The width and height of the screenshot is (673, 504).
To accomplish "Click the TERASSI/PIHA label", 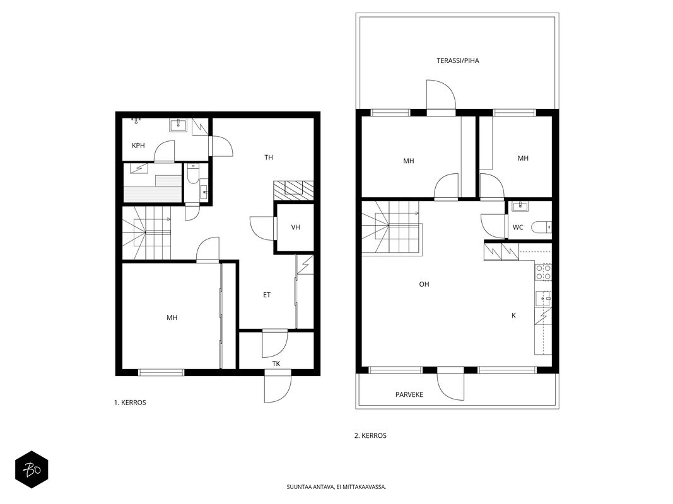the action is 457,60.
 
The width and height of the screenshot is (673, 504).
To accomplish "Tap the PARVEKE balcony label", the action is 409,394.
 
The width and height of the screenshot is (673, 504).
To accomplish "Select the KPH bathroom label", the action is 138,146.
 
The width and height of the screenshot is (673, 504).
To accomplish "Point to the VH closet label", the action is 295,227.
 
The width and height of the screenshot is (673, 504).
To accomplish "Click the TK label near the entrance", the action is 276,364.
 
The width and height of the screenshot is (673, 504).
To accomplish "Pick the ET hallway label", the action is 267,295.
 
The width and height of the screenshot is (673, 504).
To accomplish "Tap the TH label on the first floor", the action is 269,157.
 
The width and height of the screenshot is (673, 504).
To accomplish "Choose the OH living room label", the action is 424,284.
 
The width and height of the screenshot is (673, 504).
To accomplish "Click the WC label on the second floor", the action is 518,227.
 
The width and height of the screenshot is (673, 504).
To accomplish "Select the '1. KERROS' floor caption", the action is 130,403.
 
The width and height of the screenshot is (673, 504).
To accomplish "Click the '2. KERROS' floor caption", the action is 370,435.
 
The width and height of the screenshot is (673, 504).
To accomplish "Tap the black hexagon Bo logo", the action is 32,469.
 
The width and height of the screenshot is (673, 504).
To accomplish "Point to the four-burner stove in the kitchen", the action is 543,272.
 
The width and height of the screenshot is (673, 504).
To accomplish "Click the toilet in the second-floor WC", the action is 541,227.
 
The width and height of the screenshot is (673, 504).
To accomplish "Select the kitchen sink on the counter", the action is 543,298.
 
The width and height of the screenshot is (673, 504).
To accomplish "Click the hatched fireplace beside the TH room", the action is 293,190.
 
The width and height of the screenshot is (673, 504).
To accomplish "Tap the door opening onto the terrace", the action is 440,97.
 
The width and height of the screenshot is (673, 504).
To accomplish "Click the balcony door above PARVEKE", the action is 451,384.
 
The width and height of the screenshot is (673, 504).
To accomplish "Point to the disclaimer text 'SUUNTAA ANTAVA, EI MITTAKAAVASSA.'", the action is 337,487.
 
